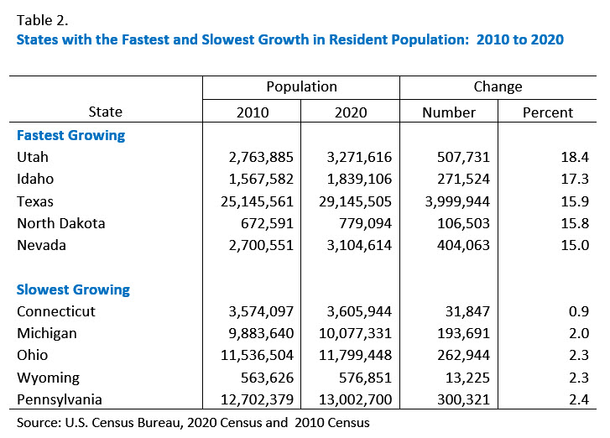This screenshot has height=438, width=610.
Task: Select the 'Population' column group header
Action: coord(301,86)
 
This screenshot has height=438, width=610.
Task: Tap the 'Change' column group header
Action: coord(497,86)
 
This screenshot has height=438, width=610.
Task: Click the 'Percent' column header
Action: coord(547,112)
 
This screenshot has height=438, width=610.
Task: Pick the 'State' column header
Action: coord(105,112)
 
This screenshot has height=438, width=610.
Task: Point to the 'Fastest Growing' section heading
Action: coord(70,135)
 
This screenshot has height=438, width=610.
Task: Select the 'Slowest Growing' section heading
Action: coord(73,289)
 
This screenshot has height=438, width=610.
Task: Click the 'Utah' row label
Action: coord(33,157)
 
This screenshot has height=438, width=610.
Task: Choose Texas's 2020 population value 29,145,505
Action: coord(351,201)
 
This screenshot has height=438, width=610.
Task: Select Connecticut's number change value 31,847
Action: coord(463,311)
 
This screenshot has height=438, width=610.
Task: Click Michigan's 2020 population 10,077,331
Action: coord(351,334)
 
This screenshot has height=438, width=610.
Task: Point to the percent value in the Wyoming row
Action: coord(579,378)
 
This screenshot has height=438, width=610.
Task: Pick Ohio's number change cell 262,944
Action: coord(459,356)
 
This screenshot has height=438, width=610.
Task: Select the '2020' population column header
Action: coord(350,112)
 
